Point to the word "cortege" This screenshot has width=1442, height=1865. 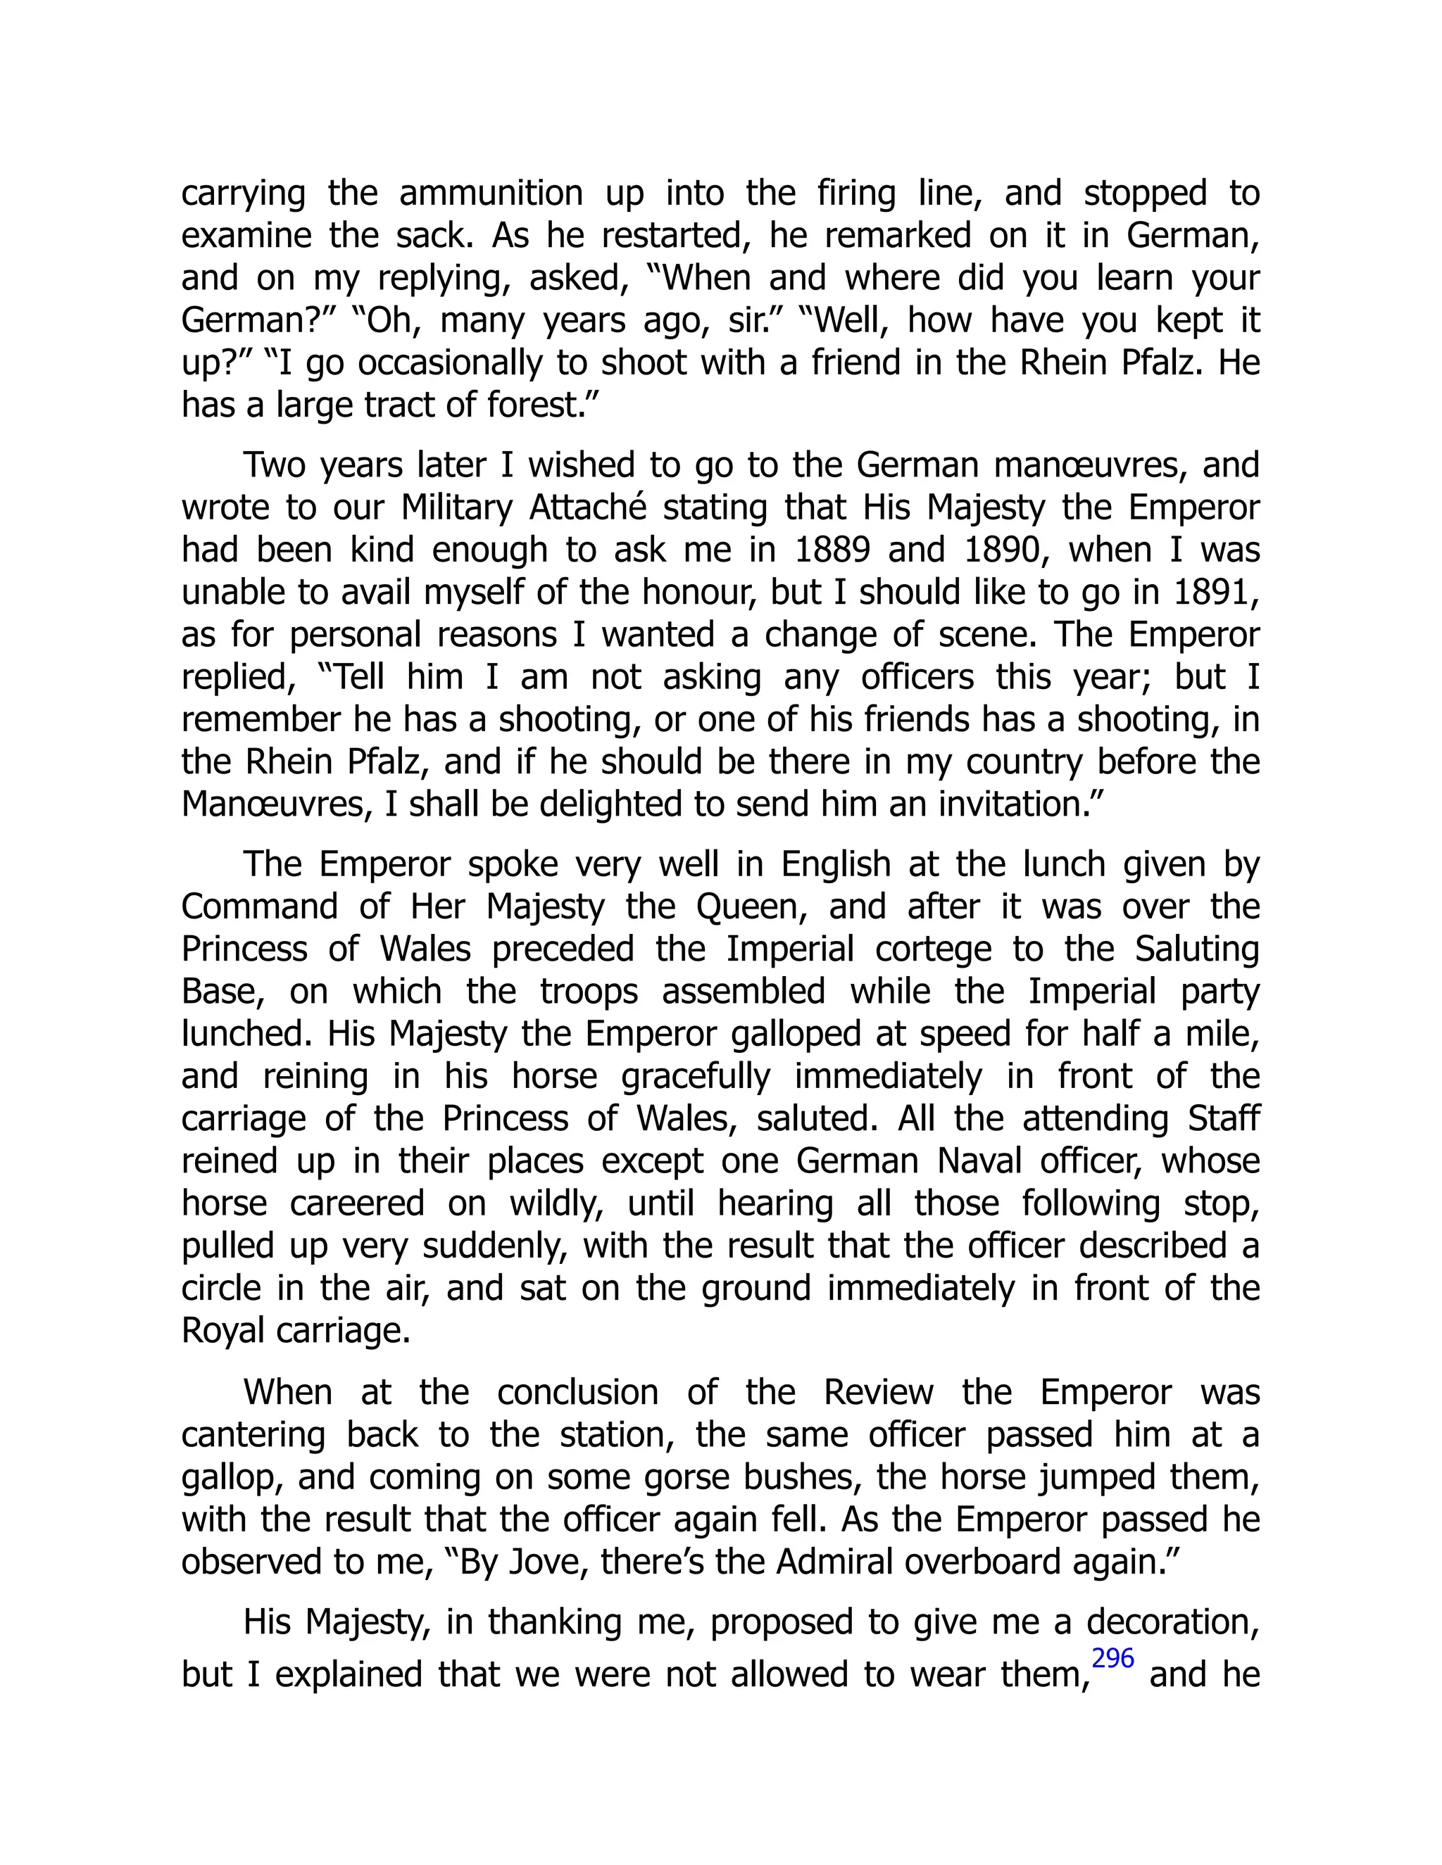click(x=941, y=949)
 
